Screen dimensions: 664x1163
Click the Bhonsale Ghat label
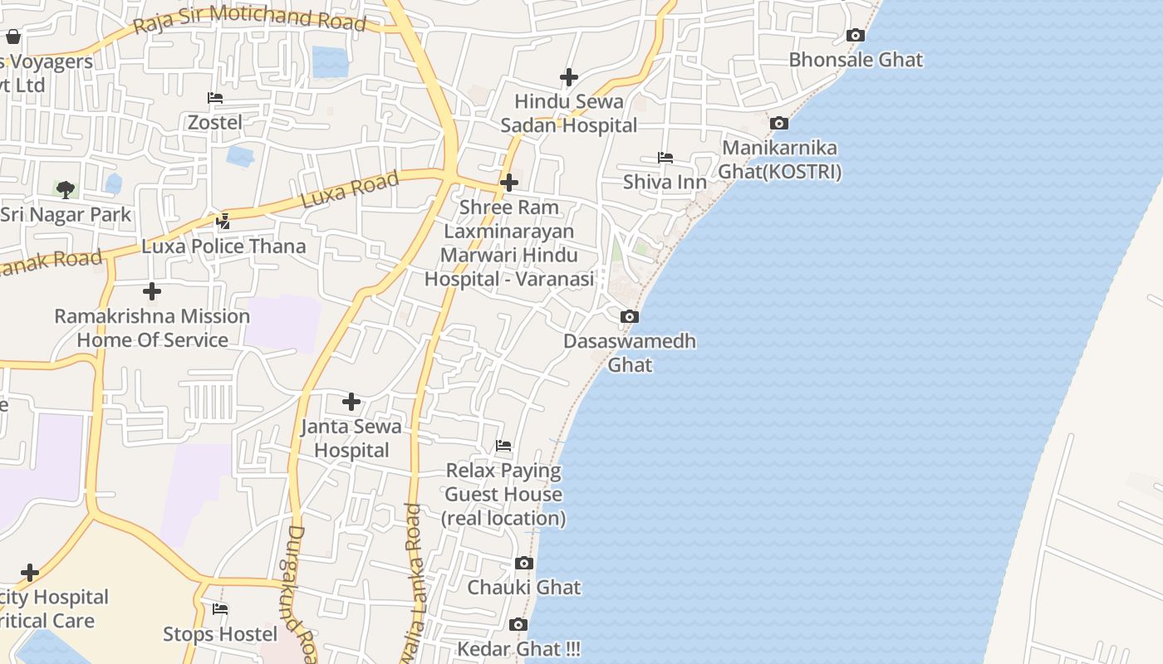tap(856, 60)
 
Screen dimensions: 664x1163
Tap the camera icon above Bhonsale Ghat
tap(856, 35)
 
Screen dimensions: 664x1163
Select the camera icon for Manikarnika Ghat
tap(779, 123)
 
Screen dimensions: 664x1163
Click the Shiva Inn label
tap(665, 182)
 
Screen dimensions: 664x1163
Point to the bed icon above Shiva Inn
tap(665, 157)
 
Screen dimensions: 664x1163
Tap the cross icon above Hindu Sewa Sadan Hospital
tap(569, 77)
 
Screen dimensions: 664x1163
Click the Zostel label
tap(215, 122)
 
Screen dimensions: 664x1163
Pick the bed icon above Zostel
tap(215, 98)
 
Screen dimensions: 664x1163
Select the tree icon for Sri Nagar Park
tap(66, 190)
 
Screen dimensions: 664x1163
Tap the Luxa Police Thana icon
tap(223, 222)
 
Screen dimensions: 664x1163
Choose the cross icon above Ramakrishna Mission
tap(152, 291)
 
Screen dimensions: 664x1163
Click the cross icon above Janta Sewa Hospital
tap(351, 402)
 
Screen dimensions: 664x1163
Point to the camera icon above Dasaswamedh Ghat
tap(630, 316)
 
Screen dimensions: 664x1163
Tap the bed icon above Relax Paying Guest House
tap(503, 446)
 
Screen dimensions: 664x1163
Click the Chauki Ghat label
tap(523, 588)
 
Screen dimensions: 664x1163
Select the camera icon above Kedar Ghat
tap(518, 624)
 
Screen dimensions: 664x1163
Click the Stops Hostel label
tap(220, 634)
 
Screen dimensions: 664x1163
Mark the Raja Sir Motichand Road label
tap(249, 18)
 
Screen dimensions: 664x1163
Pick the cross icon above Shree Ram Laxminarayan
tap(509, 183)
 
